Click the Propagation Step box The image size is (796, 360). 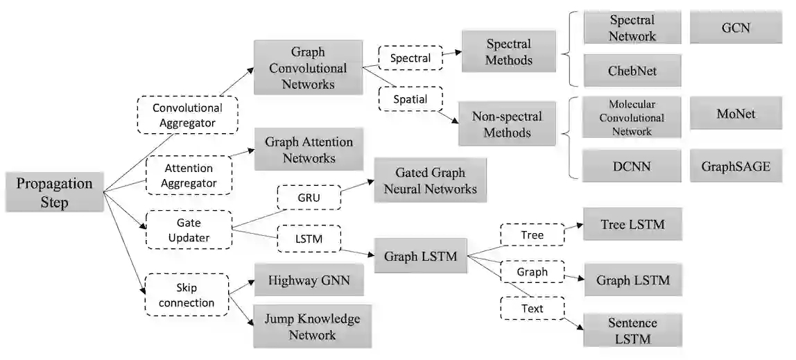click(x=55, y=192)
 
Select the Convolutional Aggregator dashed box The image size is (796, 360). click(x=188, y=115)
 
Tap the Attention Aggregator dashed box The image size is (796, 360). click(x=189, y=175)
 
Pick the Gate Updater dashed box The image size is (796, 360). click(x=189, y=230)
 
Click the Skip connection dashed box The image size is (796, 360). click(x=187, y=295)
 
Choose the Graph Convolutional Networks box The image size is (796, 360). click(x=308, y=67)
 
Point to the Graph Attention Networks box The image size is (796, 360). click(x=309, y=149)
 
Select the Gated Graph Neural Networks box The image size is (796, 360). click(x=430, y=180)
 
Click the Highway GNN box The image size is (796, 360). click(x=309, y=280)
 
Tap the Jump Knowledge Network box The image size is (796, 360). click(x=312, y=326)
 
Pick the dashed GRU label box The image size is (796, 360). click(x=309, y=198)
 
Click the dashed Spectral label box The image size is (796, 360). click(x=410, y=58)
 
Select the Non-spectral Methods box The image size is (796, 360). click(x=507, y=124)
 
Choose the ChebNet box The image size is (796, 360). click(x=632, y=71)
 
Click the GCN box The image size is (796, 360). click(x=736, y=28)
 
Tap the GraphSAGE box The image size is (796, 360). click(x=736, y=166)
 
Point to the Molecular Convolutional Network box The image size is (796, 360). click(x=632, y=117)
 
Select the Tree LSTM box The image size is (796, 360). click(x=632, y=224)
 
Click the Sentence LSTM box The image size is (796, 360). click(x=632, y=331)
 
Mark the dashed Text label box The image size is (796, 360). click(x=533, y=308)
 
